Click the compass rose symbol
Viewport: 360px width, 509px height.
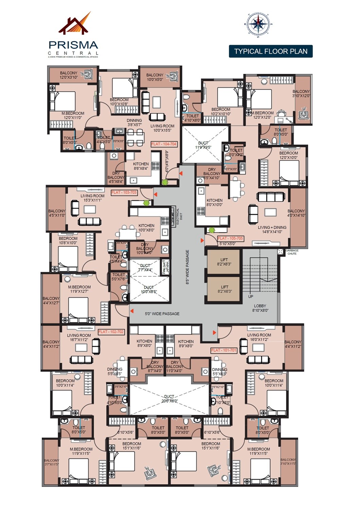(x=258, y=24)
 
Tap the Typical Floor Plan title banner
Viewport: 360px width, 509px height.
(x=271, y=51)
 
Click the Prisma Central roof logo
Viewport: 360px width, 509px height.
(x=75, y=24)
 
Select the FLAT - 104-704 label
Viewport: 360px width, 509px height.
(x=164, y=144)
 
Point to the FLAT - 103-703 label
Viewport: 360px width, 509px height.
(x=124, y=192)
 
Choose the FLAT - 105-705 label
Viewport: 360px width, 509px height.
(x=231, y=238)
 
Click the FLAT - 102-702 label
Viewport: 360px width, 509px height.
(x=111, y=332)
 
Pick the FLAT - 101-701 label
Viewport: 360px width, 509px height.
(x=224, y=350)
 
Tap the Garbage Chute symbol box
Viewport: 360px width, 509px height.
(x=280, y=251)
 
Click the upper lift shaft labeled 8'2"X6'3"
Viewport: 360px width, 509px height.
(x=224, y=262)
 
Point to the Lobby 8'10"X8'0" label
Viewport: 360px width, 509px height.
(x=260, y=308)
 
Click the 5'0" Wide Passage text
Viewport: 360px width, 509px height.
(x=162, y=314)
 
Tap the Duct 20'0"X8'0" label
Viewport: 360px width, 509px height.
(x=169, y=399)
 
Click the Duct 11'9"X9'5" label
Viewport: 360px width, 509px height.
(x=203, y=145)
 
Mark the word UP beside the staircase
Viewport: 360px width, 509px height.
(x=251, y=296)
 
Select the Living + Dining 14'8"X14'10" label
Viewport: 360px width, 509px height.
(x=272, y=230)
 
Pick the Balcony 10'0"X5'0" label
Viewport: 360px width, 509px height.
(x=155, y=77)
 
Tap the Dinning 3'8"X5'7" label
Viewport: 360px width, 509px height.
(x=134, y=122)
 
